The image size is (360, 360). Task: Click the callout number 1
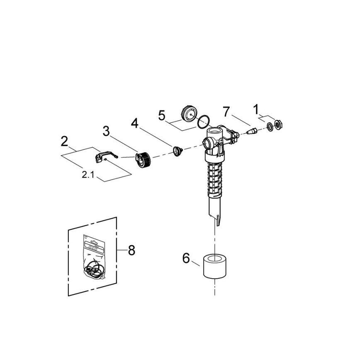tap(256, 109)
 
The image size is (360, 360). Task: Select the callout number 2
tap(64, 141)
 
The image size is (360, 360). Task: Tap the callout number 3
tap(106, 131)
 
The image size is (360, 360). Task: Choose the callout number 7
tap(226, 112)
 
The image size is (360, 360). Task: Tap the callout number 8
tap(131, 251)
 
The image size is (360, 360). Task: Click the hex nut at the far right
tap(279, 124)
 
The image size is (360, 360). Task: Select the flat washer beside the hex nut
tap(270, 126)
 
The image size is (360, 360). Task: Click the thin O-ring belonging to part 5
tap(203, 122)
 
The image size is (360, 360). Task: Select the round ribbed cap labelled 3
tap(143, 159)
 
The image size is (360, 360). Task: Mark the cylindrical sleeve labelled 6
tap(214, 267)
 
